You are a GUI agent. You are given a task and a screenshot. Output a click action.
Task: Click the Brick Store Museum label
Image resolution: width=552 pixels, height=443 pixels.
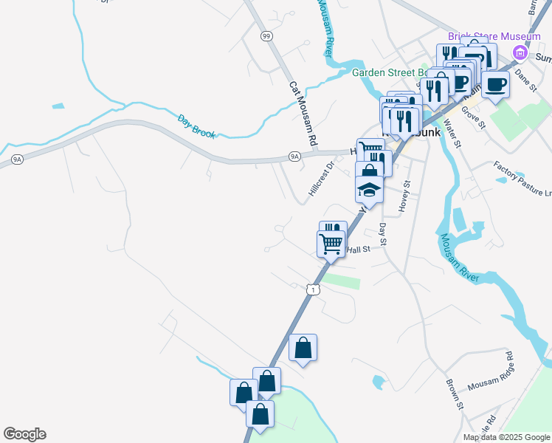tap(494, 36)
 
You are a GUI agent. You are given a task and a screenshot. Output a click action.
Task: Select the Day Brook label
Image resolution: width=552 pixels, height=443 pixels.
tap(196, 125)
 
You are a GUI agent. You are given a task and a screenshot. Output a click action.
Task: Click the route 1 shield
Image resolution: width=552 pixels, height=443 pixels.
tap(314, 290)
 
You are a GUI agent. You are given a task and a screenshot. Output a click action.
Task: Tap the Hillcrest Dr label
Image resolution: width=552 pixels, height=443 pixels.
tap(321, 180)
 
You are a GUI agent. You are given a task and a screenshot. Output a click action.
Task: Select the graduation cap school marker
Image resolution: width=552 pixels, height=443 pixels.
tap(369, 190)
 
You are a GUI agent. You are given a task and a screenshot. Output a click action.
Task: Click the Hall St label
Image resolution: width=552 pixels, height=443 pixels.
tap(358, 250)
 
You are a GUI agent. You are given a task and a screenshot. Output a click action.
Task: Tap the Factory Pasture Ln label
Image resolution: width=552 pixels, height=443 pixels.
tap(522, 179)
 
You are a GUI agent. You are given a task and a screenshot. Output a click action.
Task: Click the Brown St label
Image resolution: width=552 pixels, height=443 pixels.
tap(454, 394)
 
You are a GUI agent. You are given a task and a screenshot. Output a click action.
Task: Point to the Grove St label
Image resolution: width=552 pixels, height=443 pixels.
tap(472, 116)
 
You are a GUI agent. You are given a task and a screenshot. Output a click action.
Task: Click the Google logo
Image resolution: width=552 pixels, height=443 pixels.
tap(24, 434)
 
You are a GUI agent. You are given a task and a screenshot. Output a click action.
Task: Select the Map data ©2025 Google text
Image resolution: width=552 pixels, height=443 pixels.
tap(506, 437)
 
